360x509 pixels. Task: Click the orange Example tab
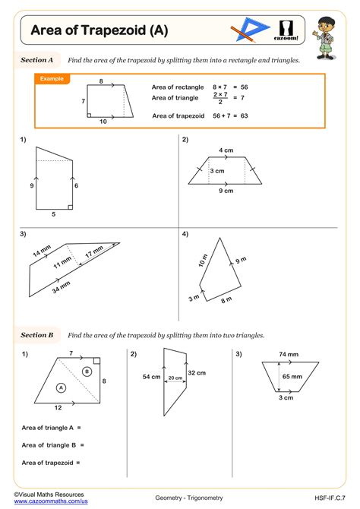(52, 78)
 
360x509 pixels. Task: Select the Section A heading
(36, 59)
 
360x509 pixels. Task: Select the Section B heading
(36, 334)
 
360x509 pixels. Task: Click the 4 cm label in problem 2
(226, 150)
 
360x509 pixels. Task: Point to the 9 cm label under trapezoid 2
(226, 191)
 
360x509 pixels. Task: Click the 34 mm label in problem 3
(61, 287)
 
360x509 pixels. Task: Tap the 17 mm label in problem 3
(94, 253)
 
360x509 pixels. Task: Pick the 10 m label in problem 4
(203, 261)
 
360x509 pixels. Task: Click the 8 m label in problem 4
(226, 300)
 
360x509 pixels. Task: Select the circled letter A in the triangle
(61, 387)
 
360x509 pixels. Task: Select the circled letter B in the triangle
(87, 371)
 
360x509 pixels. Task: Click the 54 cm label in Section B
(151, 377)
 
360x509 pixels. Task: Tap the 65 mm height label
(292, 376)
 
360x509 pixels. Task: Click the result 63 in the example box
(245, 115)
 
